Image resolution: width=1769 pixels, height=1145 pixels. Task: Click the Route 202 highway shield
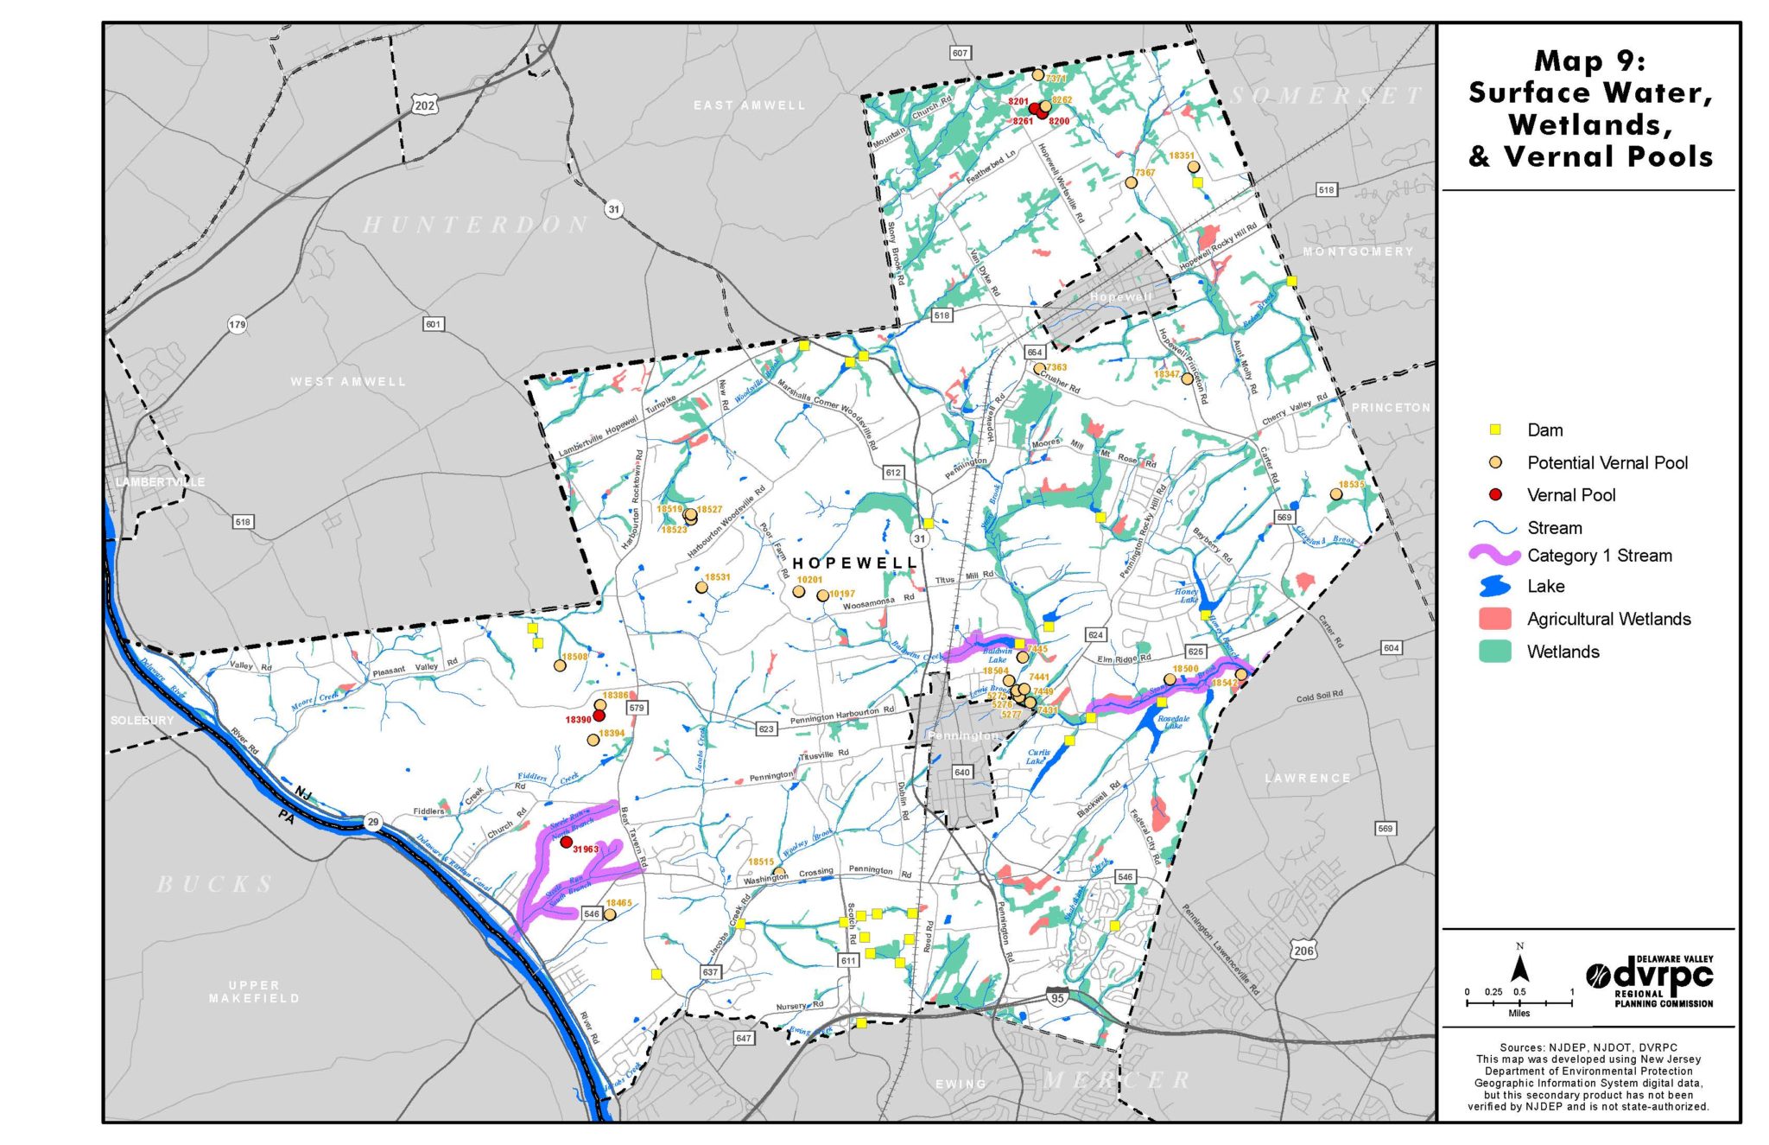(424, 105)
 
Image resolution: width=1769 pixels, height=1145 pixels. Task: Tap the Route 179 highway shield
(237, 325)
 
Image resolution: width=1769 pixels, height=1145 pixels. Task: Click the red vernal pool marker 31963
(567, 842)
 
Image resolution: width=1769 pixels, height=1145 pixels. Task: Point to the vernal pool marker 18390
(599, 716)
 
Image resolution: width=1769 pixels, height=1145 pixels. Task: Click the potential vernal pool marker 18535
(1336, 494)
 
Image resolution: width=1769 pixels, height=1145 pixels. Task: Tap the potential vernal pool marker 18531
(701, 588)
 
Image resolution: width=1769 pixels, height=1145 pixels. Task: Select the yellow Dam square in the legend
(1495, 429)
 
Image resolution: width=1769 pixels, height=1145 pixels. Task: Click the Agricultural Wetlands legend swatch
(1495, 619)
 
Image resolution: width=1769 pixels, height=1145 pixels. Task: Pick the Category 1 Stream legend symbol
(1495, 556)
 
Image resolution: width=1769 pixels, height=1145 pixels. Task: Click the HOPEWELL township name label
(853, 563)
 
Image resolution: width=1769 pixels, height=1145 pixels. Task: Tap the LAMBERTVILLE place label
(161, 481)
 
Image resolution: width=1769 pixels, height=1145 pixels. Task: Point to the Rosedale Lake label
(1173, 722)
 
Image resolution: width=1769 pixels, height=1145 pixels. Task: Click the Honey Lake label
(1187, 595)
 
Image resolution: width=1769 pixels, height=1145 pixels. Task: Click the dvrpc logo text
(1662, 976)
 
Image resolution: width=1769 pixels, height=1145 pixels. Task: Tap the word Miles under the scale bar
(1519, 1013)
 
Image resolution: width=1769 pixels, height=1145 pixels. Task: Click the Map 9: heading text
(1590, 61)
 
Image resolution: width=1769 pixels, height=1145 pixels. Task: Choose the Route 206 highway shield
(1303, 951)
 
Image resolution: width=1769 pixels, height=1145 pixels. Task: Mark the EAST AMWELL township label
(749, 105)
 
